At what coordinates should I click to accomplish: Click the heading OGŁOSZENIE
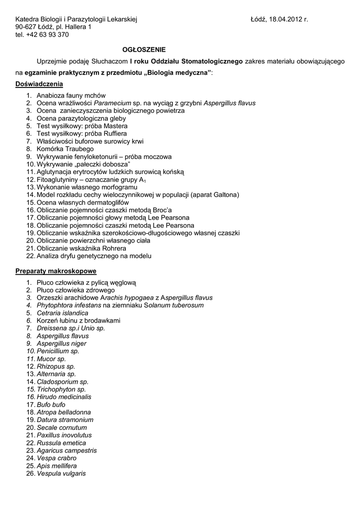[x=144, y=50]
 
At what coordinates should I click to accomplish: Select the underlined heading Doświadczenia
[x=39, y=84]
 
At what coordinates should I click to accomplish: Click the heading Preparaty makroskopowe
[x=56, y=271]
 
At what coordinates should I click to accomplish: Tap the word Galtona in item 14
[x=226, y=195]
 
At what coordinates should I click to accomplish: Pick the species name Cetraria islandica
[x=63, y=313]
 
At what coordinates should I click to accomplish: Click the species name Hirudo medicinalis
[x=64, y=397]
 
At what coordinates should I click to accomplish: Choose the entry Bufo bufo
[x=51, y=405]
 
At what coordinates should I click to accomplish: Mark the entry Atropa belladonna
[x=64, y=413]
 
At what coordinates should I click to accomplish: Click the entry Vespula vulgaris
[x=61, y=474]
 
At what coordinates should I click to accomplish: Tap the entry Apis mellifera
[x=57, y=466]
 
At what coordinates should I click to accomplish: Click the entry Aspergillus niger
[x=62, y=344]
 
